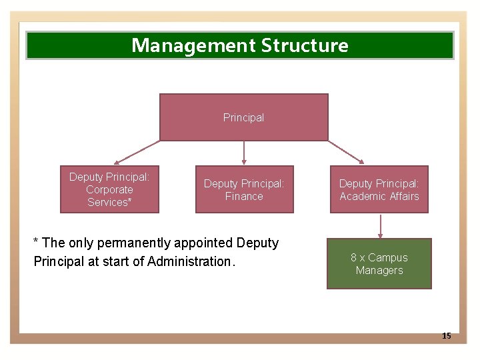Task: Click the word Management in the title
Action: tap(194, 45)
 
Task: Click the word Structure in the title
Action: tap(305, 45)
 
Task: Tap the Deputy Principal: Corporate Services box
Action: tap(109, 189)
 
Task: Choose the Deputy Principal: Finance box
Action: tap(244, 189)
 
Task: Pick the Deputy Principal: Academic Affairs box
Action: tap(379, 189)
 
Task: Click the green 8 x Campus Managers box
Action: tap(379, 264)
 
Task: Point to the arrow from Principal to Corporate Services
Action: tap(137, 152)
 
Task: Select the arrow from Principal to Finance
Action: tap(244, 153)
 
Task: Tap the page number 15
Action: tap(447, 336)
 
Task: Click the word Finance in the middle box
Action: tap(244, 197)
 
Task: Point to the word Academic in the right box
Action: tap(361, 197)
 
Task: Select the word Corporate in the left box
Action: tap(109, 189)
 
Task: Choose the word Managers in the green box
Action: tap(379, 271)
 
